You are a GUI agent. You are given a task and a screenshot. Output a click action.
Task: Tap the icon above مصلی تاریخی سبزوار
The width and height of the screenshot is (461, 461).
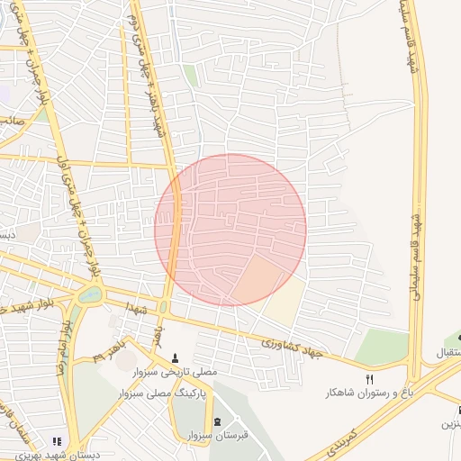(x=175, y=357)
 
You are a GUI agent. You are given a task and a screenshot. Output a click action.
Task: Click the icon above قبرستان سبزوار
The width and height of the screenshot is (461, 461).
(x=217, y=422)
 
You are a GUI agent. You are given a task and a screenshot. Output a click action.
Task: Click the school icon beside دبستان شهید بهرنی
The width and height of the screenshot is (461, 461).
(x=56, y=441)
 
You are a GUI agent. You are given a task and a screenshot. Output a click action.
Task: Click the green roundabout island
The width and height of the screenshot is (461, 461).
(x=91, y=294)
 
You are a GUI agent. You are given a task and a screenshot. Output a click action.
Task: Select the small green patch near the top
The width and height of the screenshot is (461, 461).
(x=190, y=76)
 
